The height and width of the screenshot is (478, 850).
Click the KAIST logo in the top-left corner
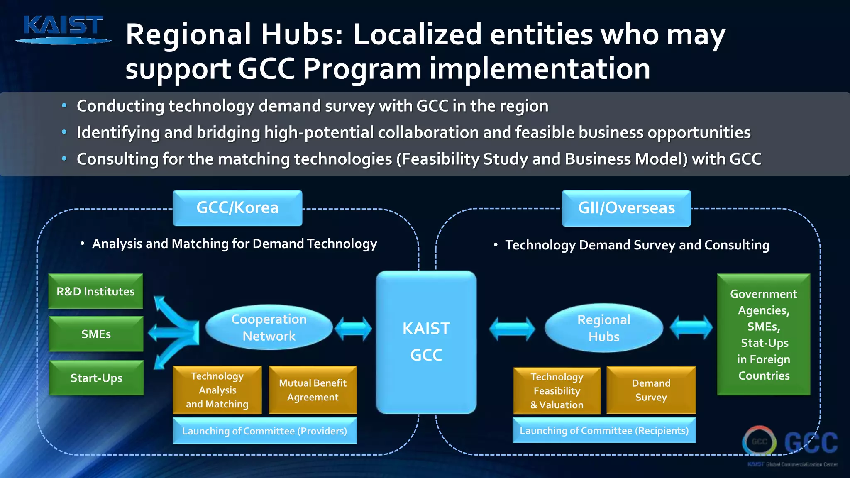tap(63, 29)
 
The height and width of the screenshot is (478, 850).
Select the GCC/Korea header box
tap(237, 208)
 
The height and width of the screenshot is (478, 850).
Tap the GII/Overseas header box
tap(626, 208)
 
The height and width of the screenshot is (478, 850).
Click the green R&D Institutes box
tap(95, 291)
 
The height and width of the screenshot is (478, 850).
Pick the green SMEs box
tap(96, 334)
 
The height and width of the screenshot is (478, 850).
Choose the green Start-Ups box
tap(96, 378)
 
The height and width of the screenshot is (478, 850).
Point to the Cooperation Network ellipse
tap(269, 327)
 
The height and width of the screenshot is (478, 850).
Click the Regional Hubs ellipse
tap(603, 328)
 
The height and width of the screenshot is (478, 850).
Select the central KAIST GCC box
tap(426, 342)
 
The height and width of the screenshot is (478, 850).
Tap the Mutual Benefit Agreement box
tap(313, 390)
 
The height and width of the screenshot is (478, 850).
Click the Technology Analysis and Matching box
tap(217, 390)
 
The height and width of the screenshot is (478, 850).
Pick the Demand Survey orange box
tap(651, 390)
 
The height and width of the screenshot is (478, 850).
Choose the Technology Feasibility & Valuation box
tap(557, 391)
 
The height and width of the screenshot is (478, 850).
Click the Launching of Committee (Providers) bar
tap(264, 431)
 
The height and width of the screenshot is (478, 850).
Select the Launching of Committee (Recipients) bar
tap(604, 431)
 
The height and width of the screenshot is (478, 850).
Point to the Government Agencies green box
tap(763, 334)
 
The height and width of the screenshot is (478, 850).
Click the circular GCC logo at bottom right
tap(759, 441)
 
